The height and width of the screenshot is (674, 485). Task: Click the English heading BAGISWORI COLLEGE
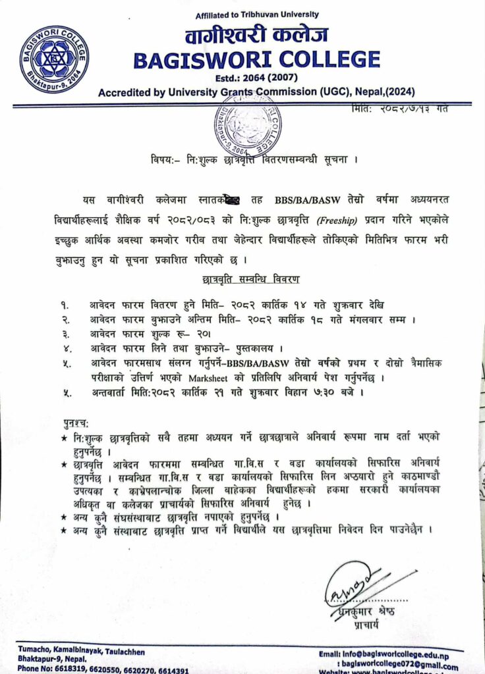pos(257,61)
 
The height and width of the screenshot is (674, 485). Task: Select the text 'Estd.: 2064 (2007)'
pos(256,79)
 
